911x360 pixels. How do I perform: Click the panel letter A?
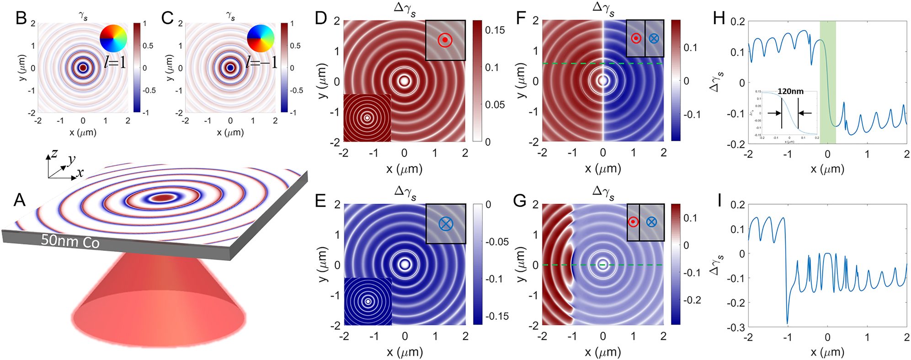click(19, 200)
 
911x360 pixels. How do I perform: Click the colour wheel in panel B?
click(113, 38)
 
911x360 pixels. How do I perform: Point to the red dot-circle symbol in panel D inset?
click(445, 40)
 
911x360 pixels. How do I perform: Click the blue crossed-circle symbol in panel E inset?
click(446, 223)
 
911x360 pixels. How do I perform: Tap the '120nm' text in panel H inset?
click(790, 91)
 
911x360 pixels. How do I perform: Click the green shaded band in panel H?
click(827, 82)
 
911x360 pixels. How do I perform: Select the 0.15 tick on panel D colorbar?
click(495, 30)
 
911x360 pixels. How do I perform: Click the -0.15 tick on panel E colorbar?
click(496, 316)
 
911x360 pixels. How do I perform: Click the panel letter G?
click(520, 201)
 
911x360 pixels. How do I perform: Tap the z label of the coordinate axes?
click(55, 153)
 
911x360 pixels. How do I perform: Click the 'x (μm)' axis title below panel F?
click(602, 169)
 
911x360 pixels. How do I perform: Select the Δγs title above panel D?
click(405, 9)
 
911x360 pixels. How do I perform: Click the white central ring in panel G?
click(603, 265)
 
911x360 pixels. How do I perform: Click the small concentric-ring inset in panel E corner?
click(368, 301)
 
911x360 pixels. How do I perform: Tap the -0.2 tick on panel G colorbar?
click(692, 300)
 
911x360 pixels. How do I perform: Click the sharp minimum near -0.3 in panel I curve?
click(787, 323)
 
